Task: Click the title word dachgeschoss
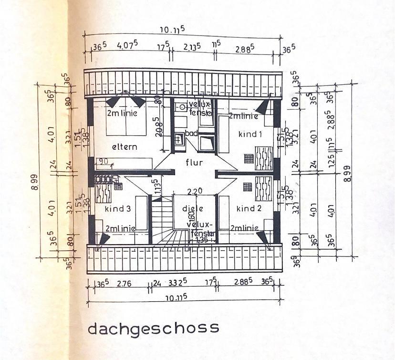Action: tap(153, 329)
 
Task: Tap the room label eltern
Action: tap(125, 146)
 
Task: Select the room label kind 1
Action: tap(250, 134)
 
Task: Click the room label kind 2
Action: tap(249, 208)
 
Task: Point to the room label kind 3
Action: tap(117, 208)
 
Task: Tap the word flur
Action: tap(194, 162)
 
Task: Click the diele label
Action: tap(194, 208)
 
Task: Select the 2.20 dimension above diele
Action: tap(194, 192)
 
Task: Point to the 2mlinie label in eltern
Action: tap(122, 113)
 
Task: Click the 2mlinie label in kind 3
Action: tap(120, 228)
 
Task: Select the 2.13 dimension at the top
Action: tap(192, 48)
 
